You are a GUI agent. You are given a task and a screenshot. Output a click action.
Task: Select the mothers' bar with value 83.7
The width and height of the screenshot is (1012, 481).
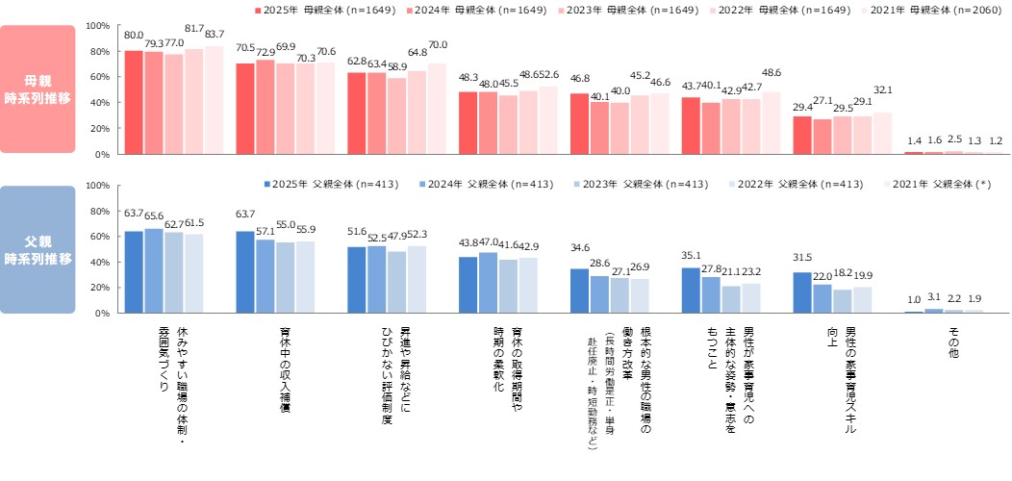[214, 100]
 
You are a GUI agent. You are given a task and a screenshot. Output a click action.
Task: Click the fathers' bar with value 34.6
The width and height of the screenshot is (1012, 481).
[579, 291]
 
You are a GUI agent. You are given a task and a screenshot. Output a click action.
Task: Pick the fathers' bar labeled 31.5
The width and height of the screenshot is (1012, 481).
[802, 292]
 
